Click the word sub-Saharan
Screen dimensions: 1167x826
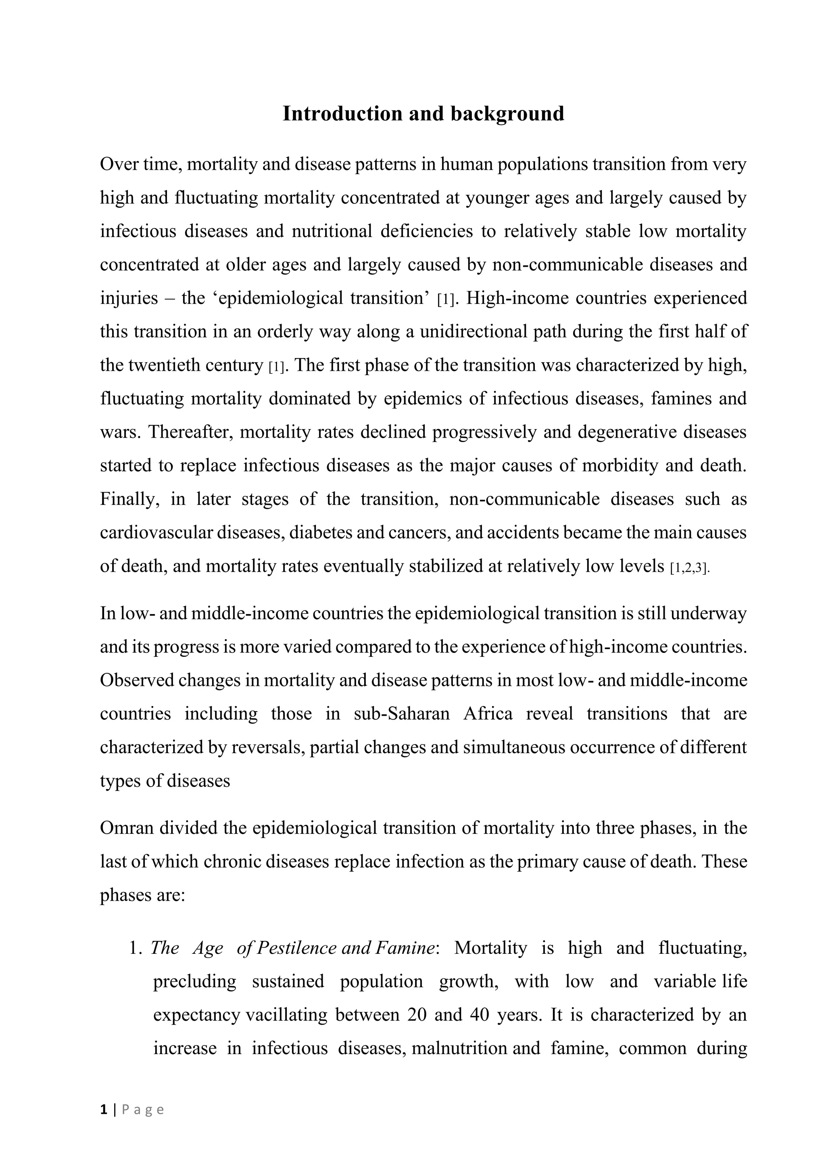click(402, 714)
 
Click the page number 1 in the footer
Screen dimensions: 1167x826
click(104, 1109)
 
